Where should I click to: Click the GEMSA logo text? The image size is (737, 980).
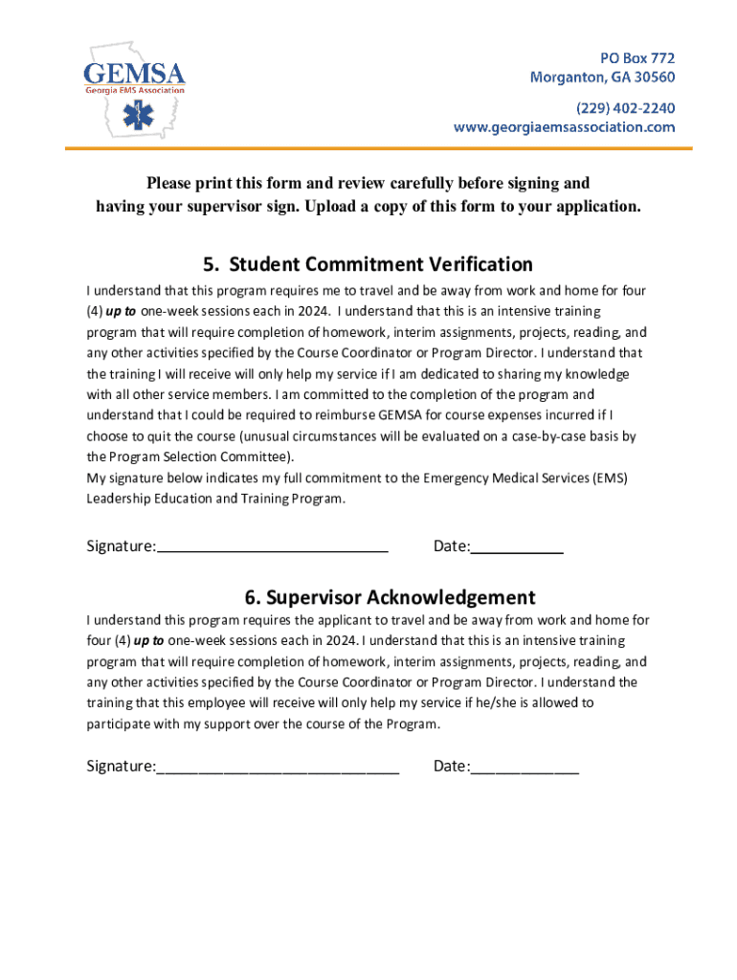[134, 74]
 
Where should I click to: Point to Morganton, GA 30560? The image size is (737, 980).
[602, 78]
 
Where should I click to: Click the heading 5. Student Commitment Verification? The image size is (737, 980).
[368, 264]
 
